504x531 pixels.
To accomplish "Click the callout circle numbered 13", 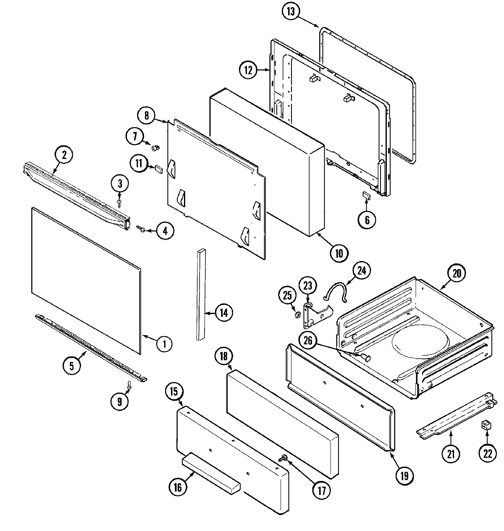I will (291, 11).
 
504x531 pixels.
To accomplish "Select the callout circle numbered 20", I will (457, 274).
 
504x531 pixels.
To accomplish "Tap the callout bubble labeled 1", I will (164, 344).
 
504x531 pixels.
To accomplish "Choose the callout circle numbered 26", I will (308, 341).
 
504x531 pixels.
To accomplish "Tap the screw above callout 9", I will (129, 384).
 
